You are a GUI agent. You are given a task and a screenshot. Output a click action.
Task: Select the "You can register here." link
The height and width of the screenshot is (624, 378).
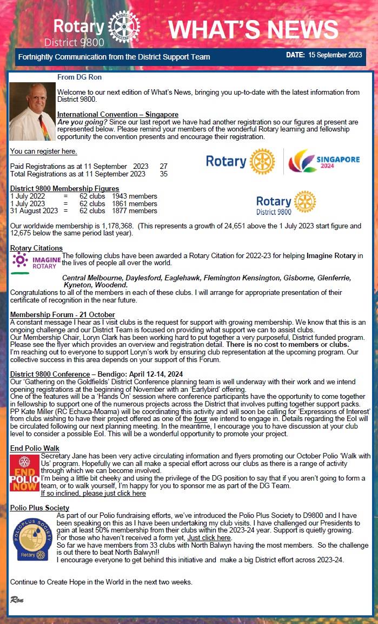pyautogui.click(x=43, y=151)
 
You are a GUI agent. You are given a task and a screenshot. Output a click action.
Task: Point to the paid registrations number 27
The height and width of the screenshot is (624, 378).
pyautogui.click(x=163, y=166)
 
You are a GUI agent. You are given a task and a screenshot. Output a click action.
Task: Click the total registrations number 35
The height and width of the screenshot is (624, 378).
pyautogui.click(x=163, y=174)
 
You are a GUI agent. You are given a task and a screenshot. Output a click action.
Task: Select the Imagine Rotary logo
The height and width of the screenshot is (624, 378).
pyautogui.click(x=36, y=262)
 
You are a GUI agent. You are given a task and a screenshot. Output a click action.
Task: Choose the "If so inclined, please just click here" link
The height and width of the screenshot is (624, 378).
pyautogui.click(x=93, y=493)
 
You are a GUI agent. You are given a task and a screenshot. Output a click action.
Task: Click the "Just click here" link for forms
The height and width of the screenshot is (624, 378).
pyautogui.click(x=209, y=538)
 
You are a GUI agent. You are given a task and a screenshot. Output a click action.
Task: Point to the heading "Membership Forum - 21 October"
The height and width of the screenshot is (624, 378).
pyautogui.click(x=63, y=314)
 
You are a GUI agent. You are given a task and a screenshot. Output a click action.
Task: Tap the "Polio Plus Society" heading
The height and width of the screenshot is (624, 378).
pyautogui.click(x=39, y=508)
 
